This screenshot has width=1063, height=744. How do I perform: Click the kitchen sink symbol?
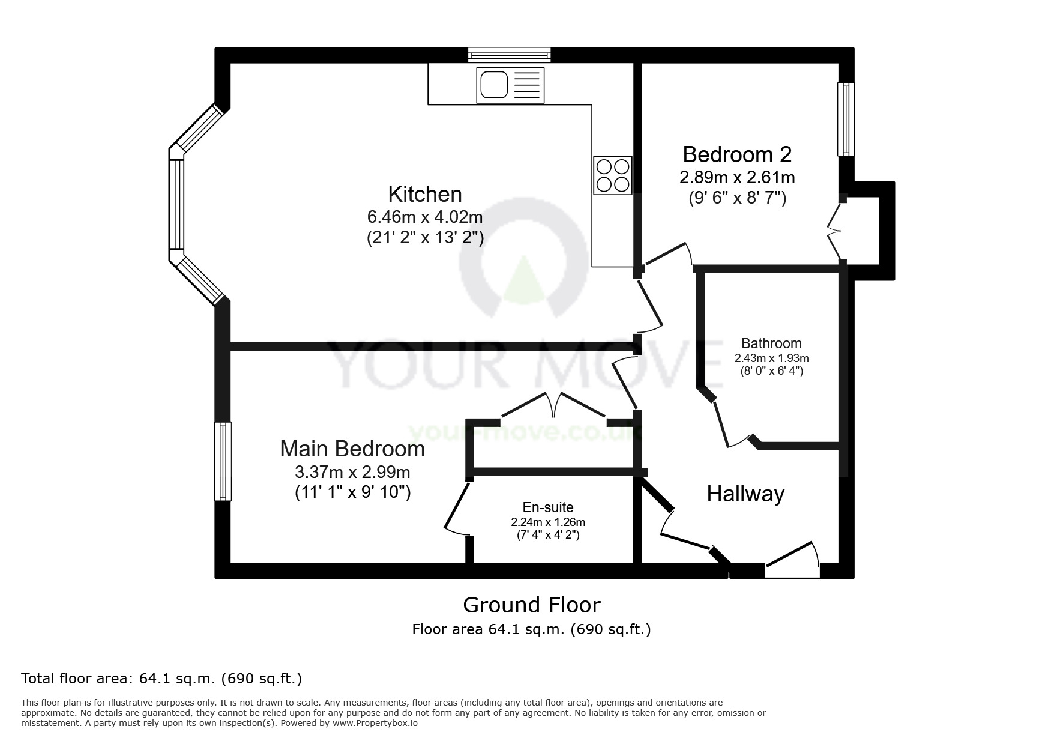pyautogui.click(x=510, y=85)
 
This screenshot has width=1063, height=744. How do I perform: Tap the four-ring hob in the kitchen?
pyautogui.click(x=612, y=175)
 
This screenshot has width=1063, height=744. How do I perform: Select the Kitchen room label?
pyautogui.click(x=425, y=194)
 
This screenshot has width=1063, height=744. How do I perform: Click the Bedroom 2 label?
pyautogui.click(x=737, y=154)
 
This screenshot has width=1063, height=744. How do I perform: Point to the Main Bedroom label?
pyautogui.click(x=352, y=449)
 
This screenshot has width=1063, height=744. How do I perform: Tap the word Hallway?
pyautogui.click(x=745, y=494)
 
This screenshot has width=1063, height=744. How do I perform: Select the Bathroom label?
pyautogui.click(x=771, y=343)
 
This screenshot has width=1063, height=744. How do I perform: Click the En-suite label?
pyautogui.click(x=548, y=507)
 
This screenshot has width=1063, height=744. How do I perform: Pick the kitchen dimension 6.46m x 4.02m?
pyautogui.click(x=425, y=216)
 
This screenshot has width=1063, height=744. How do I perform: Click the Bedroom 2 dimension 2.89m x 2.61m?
pyautogui.click(x=737, y=177)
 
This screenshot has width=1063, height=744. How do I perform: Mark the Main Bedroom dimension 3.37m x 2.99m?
pyautogui.click(x=352, y=471)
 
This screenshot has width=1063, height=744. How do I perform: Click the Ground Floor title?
pyautogui.click(x=531, y=605)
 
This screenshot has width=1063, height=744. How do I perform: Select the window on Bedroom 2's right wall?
pyautogui.click(x=846, y=119)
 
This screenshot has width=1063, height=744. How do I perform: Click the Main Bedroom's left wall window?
pyautogui.click(x=223, y=461)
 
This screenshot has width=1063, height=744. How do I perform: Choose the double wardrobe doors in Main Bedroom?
pyautogui.click(x=553, y=405)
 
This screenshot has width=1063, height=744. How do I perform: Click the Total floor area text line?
pyautogui.click(x=161, y=679)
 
